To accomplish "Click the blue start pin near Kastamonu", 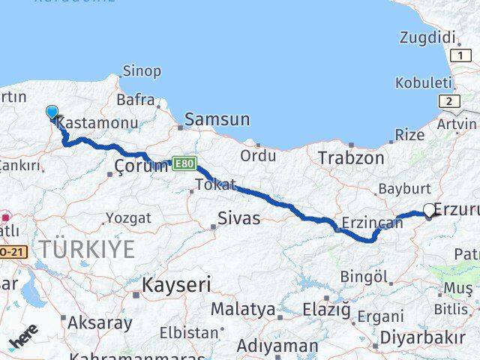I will click(x=52, y=112).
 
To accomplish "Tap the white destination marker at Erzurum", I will click(x=429, y=211).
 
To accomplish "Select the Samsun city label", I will click(x=217, y=118).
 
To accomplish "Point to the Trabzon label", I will click(x=351, y=158).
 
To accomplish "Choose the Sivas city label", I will click(x=238, y=218).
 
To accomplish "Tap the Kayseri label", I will click(x=176, y=285).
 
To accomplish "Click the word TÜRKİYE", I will click(x=88, y=249).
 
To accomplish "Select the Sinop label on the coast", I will click(x=142, y=71).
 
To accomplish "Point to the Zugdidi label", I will click(x=427, y=37).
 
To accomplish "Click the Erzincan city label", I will click(x=372, y=223).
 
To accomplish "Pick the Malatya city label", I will click(x=242, y=309).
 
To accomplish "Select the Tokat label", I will click(x=215, y=184).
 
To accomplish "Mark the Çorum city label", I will click(x=141, y=166).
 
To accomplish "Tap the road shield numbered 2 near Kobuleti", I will click(x=448, y=102).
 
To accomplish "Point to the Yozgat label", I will click(x=127, y=218).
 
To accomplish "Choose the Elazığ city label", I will click(x=326, y=309).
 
